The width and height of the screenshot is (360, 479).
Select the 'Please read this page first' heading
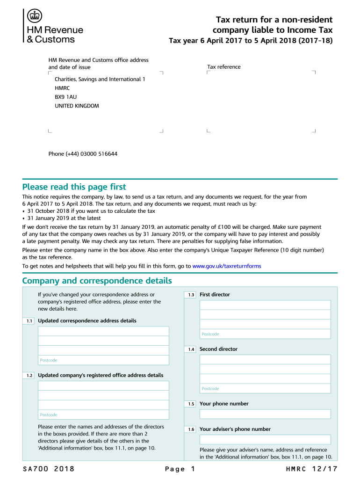(74, 187)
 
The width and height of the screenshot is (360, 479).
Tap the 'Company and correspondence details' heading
(97, 281)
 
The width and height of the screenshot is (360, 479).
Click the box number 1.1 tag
(29, 321)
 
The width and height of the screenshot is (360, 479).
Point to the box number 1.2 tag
(29, 376)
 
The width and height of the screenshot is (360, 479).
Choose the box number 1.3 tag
(191, 295)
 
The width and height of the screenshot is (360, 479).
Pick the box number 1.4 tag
(191, 349)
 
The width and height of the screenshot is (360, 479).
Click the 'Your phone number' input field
(265, 414)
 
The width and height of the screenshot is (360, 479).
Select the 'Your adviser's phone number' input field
(265, 440)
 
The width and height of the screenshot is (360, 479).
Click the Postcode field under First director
(265, 334)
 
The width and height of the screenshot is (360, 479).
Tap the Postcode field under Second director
(265, 389)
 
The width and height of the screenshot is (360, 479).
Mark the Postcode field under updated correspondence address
(103, 360)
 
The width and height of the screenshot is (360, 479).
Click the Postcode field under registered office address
(103, 415)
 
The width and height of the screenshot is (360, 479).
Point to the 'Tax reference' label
(224, 67)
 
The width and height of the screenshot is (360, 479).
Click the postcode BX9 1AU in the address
(65, 97)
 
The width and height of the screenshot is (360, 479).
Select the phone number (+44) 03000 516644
(83, 154)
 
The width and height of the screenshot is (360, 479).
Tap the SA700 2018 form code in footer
(48, 469)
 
